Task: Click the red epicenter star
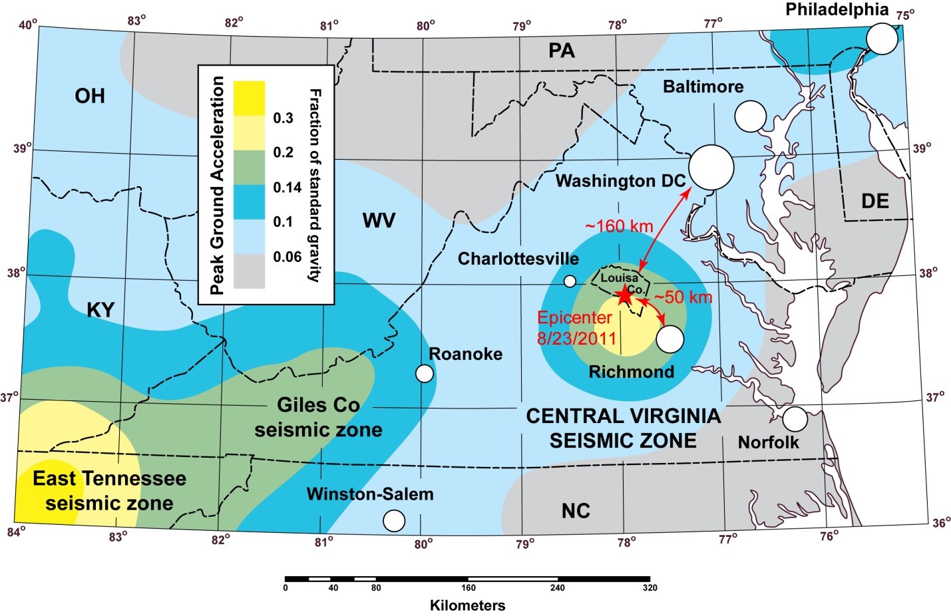pos(624,295)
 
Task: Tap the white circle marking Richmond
pos(669,339)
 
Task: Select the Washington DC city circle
pos(711,168)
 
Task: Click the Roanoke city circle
pos(424,373)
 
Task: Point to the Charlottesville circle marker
pos(570,281)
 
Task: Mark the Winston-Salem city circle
pos(394,520)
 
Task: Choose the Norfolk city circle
pos(795,419)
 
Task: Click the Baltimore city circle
pos(751,116)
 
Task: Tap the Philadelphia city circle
pos(882,39)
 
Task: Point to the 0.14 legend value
pos(287,188)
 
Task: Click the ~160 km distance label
pos(619,226)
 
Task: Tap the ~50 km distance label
pos(683,297)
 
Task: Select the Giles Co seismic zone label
pos(318,417)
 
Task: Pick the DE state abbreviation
pos(874,201)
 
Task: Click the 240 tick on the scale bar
pos(557,588)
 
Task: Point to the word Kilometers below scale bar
pos(467,605)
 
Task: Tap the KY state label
pos(100,309)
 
